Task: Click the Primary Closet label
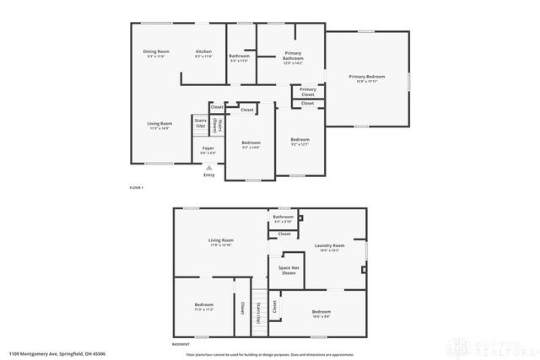[x=308, y=91]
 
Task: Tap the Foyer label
[x=208, y=149]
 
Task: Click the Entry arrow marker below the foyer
[x=208, y=169]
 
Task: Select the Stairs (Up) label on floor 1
[x=201, y=123]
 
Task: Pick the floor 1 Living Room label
[x=160, y=124]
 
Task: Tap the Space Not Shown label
[x=288, y=271]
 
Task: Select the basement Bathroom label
[x=283, y=218]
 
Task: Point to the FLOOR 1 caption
[x=136, y=187]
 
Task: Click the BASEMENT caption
[x=181, y=344]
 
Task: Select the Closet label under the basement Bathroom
[x=284, y=234]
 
